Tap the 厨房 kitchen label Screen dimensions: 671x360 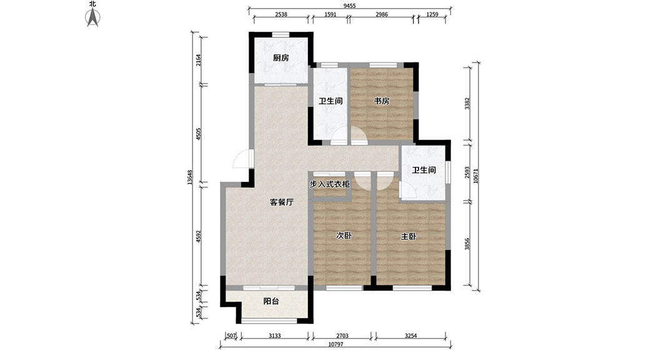click(281, 57)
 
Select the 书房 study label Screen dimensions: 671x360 click(382, 101)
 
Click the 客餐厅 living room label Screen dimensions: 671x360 click(281, 202)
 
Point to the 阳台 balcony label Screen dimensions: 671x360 click(271, 301)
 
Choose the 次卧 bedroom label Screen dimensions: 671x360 click(344, 236)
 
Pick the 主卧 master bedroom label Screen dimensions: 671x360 click(408, 236)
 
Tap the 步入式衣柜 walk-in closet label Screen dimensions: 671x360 click(330, 184)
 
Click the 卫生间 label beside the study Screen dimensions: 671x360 click(331, 101)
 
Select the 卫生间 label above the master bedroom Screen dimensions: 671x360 click(424, 170)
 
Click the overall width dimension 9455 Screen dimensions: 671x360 click(350, 6)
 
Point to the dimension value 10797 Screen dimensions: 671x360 click(335, 344)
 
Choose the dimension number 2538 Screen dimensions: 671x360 click(281, 14)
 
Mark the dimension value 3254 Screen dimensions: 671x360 click(410, 336)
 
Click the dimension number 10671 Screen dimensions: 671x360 click(476, 176)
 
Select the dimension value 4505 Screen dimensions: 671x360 click(198, 134)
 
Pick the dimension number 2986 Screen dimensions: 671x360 click(381, 14)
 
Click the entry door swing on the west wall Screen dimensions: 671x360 click(242, 159)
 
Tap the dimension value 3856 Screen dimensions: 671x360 click(467, 244)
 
